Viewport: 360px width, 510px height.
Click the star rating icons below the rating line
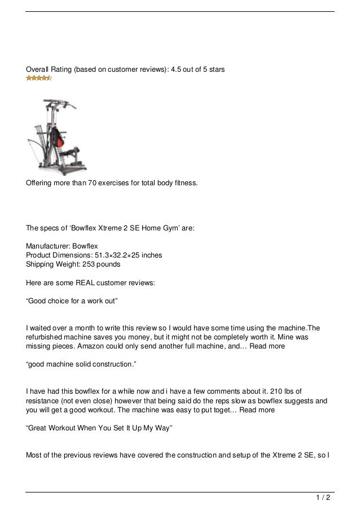click(x=39, y=78)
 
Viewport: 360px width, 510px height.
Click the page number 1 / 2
click(x=323, y=498)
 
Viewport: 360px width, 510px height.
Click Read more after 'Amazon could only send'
click(x=268, y=346)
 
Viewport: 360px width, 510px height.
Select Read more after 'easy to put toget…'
click(x=257, y=411)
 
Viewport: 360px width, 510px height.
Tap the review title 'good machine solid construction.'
click(x=81, y=365)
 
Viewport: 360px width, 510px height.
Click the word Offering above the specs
click(x=40, y=183)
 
